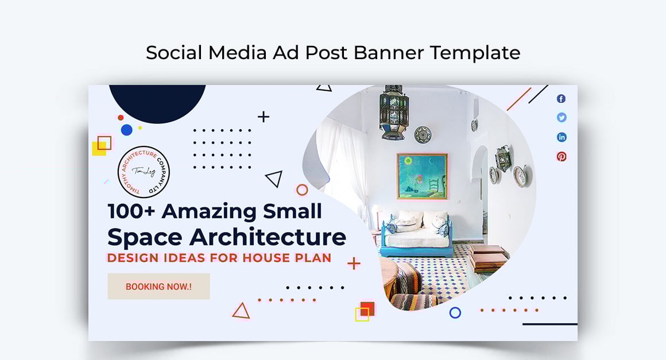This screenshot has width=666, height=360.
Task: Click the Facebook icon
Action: [561, 99]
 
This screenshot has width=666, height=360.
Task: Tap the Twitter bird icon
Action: [562, 118]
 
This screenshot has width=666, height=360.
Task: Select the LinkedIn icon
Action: [562, 137]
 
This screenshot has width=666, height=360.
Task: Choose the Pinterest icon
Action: [562, 156]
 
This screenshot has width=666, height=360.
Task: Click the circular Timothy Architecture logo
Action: [144, 172]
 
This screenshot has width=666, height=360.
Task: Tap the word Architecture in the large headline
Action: [268, 237]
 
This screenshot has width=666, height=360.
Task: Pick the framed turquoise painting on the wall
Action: [421, 176]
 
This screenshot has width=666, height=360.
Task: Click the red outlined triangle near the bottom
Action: [241, 311]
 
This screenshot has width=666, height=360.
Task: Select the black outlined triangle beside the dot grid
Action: [274, 179]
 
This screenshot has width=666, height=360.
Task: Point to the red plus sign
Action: [354, 264]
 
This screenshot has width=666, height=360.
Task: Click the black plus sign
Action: [264, 117]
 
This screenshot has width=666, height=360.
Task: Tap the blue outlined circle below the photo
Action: [455, 312]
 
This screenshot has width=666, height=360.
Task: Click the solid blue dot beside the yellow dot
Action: [127, 130]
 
